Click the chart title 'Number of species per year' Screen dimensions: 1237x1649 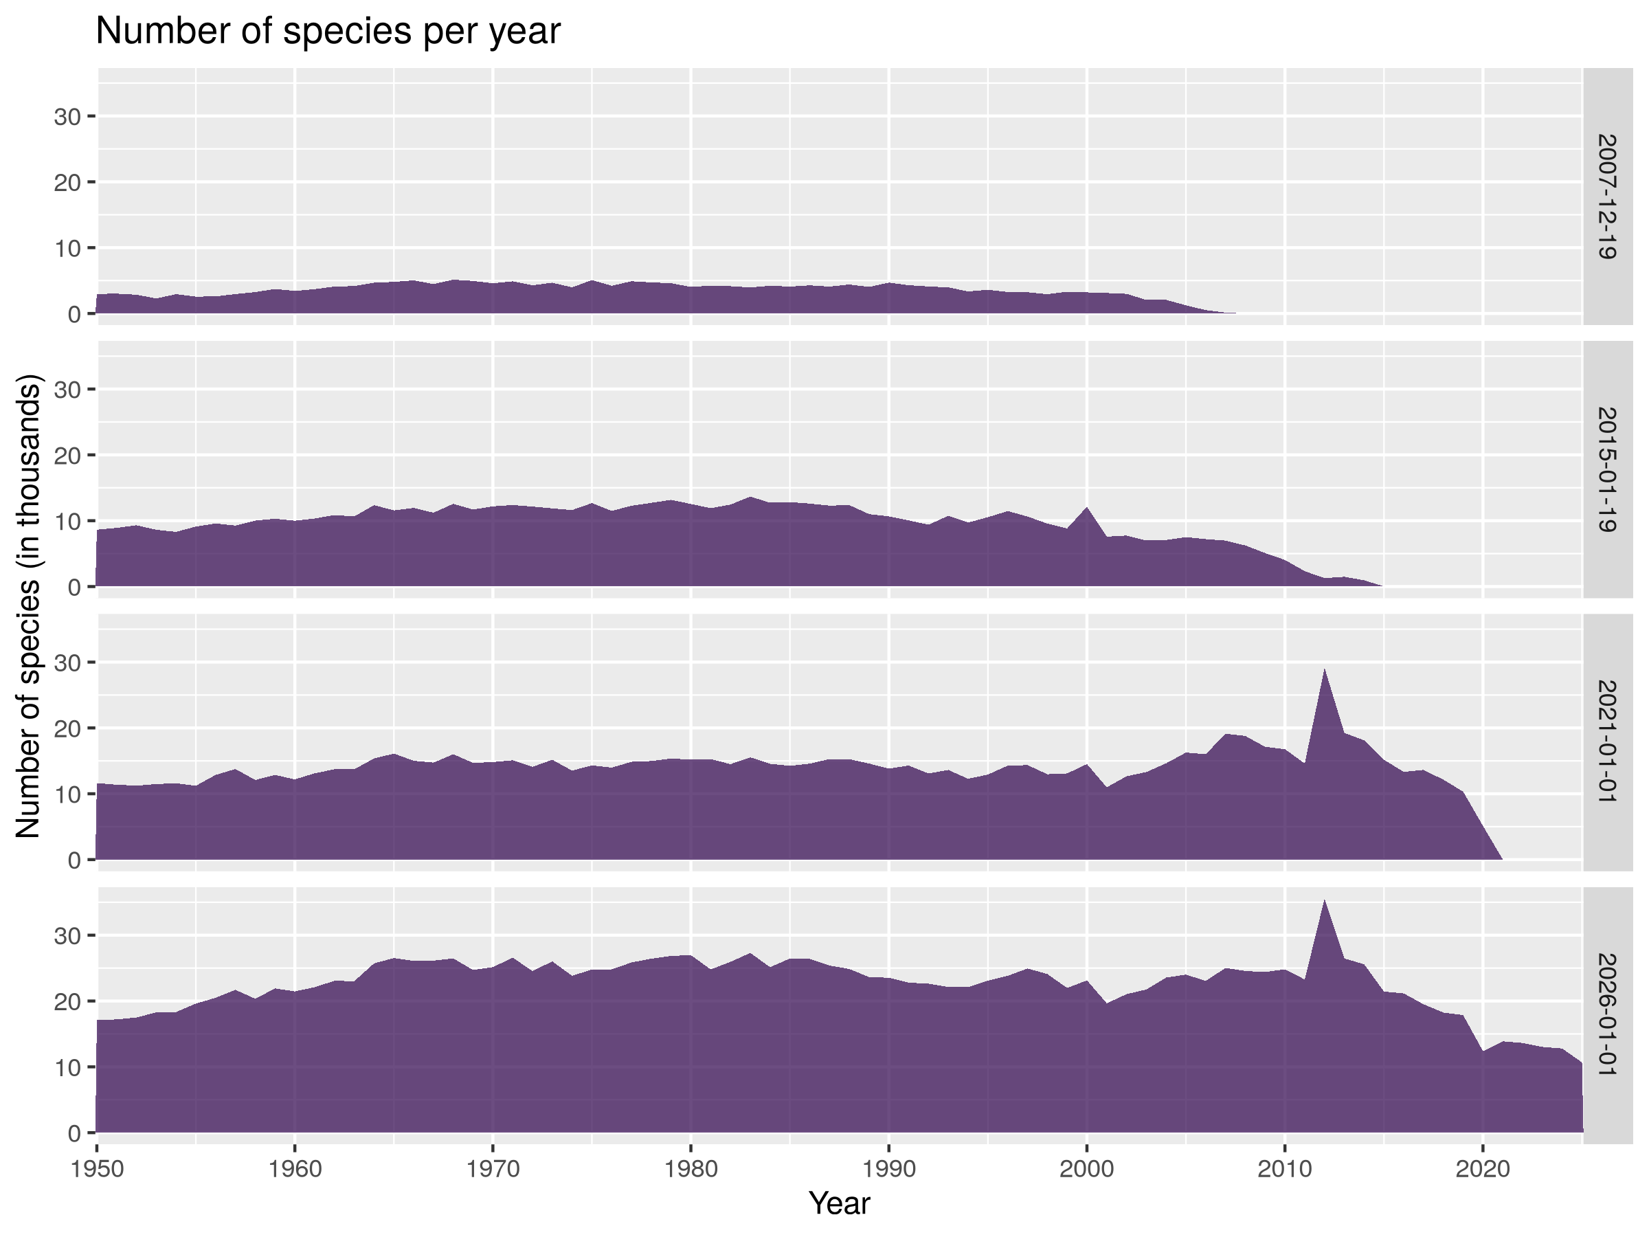(328, 32)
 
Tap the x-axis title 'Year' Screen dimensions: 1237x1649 (840, 1203)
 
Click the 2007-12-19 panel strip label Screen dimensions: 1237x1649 (1607, 197)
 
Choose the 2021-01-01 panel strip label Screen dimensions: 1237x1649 (1607, 743)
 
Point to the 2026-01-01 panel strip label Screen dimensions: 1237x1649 (1607, 1016)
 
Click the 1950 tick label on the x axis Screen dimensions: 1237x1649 (97, 1168)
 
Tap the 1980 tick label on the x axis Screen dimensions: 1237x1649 (691, 1168)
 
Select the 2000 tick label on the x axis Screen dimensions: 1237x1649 (1087, 1168)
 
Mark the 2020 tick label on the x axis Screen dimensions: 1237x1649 (1483, 1168)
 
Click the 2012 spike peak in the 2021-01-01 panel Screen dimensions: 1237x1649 (1325, 669)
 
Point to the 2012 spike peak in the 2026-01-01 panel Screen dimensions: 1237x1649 (1325, 900)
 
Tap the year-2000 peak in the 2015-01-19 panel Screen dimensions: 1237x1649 (1087, 508)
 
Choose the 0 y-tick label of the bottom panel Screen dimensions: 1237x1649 (74, 1133)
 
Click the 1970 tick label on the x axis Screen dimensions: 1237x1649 (493, 1168)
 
